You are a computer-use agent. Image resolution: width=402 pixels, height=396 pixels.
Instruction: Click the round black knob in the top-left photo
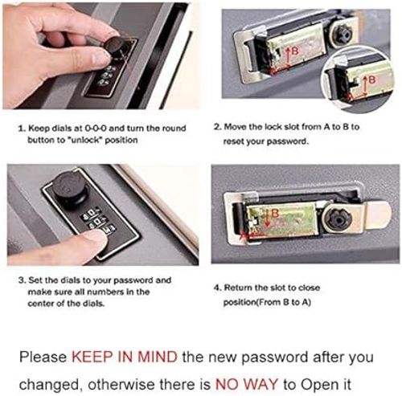coord(120,46)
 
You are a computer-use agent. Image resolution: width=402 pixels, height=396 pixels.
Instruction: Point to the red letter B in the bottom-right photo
coord(273,213)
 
